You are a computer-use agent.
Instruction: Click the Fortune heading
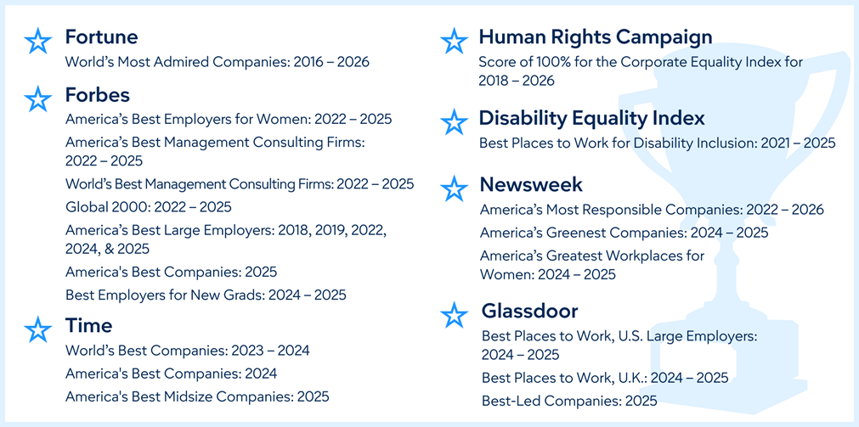[101, 37]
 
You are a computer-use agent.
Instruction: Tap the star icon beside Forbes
[37, 98]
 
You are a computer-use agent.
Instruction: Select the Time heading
[88, 326]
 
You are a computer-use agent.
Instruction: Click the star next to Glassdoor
[455, 315]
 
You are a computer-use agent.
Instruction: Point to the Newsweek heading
[531, 185]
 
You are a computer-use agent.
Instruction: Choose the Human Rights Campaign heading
[596, 37]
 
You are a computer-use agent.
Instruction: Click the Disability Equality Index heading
[591, 118]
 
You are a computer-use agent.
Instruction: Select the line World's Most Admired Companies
[218, 62]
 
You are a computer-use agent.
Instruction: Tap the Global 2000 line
[149, 207]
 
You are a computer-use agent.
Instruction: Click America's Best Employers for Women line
[229, 119]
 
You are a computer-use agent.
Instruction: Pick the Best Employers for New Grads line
[206, 295]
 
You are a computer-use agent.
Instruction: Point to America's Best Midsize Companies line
[197, 396]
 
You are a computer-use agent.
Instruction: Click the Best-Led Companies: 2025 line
[569, 401]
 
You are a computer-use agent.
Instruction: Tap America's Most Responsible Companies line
[652, 210]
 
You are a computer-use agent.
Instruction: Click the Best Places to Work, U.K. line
[605, 378]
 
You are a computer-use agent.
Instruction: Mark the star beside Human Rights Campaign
[455, 41]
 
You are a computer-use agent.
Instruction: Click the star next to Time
[37, 329]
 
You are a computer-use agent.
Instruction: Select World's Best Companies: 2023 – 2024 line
[188, 351]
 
